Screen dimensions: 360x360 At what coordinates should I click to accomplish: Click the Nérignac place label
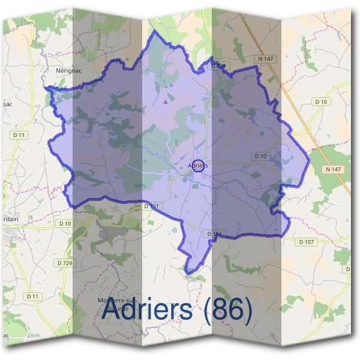(x=67, y=70)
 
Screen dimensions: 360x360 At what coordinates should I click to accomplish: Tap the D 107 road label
(x=305, y=242)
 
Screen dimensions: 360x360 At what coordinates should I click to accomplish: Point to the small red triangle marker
(x=166, y=101)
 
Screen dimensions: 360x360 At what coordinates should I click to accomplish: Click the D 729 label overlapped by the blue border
(x=218, y=64)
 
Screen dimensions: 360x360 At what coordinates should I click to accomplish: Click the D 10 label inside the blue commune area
(x=260, y=156)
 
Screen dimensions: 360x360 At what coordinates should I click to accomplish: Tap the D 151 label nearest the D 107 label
(x=214, y=233)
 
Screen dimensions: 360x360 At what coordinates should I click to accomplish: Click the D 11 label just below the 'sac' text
(x=19, y=136)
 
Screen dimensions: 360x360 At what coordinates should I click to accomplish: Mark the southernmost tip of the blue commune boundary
(x=188, y=274)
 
